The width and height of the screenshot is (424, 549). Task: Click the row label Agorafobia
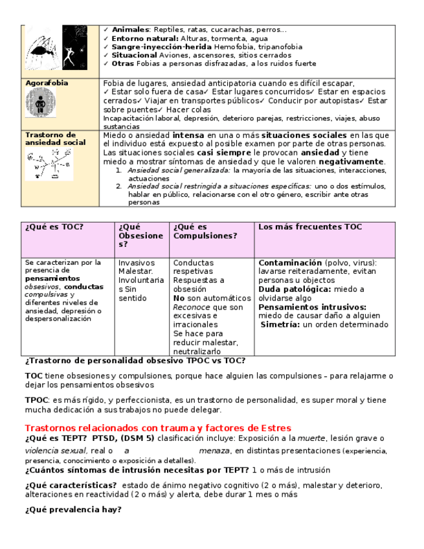point(47,84)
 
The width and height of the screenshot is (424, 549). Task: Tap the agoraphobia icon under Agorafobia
point(39,104)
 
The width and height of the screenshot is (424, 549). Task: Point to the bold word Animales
point(130,30)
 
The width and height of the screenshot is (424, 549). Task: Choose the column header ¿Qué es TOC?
point(54,227)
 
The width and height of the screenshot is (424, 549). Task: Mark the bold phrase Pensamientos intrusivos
point(312,307)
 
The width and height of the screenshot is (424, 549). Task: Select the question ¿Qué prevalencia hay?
point(73,510)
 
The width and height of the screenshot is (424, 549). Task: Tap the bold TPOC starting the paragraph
point(37,401)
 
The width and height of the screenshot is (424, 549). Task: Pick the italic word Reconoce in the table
point(192,307)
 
